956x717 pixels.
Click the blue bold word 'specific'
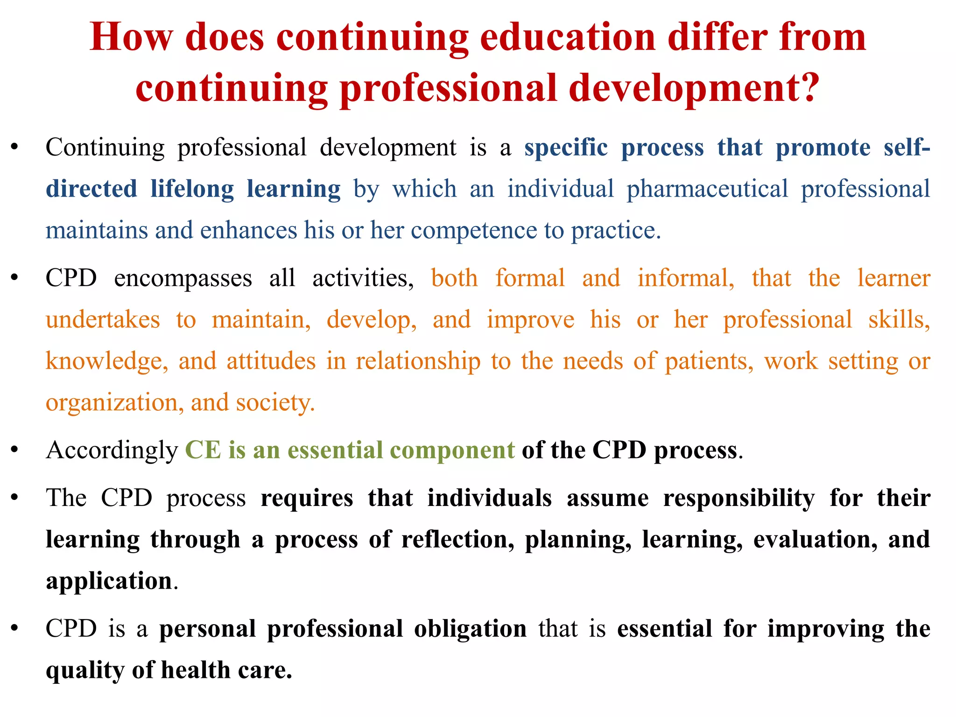(x=566, y=148)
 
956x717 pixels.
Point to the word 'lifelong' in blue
(x=192, y=190)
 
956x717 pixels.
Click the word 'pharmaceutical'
(x=707, y=190)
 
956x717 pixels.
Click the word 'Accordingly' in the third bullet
(x=112, y=451)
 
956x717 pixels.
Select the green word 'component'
(x=452, y=451)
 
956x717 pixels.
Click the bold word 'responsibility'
(x=739, y=499)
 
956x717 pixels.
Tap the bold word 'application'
(x=109, y=582)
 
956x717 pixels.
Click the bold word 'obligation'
(x=470, y=629)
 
